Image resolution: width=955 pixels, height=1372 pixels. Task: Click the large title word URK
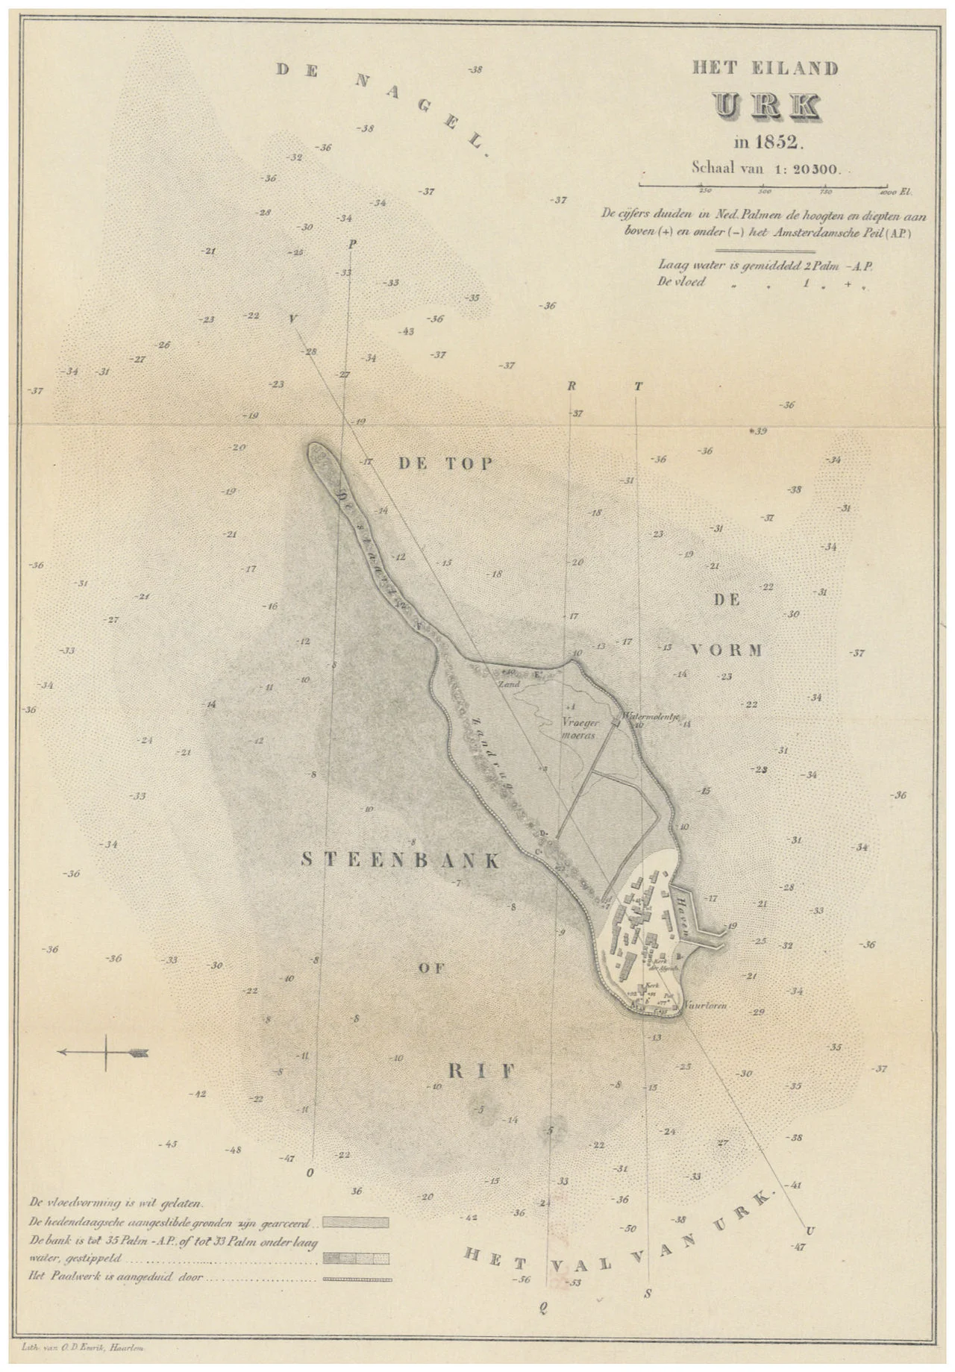click(x=766, y=109)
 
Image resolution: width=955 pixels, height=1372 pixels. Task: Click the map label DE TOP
click(x=445, y=464)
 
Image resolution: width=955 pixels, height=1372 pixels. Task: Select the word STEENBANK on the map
click(x=400, y=860)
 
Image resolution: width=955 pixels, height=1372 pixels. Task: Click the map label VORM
click(x=726, y=650)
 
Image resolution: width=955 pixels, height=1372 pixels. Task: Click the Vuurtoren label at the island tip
click(x=705, y=1006)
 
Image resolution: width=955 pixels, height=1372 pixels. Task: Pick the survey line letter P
click(x=353, y=244)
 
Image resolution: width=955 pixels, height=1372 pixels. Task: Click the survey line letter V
click(x=292, y=319)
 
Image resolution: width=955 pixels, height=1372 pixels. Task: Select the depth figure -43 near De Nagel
click(x=407, y=331)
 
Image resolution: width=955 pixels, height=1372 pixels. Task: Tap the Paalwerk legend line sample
click(x=356, y=1279)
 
